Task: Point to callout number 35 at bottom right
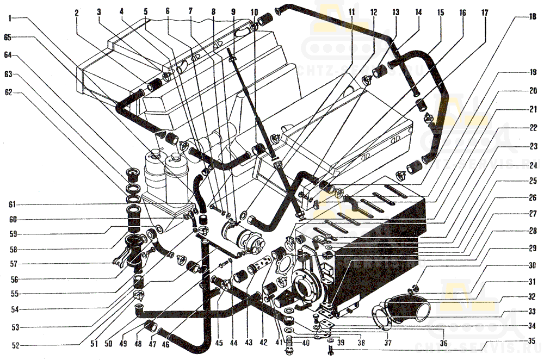(x=531, y=341)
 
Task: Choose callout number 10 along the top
(x=255, y=11)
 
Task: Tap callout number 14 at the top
(x=418, y=11)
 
